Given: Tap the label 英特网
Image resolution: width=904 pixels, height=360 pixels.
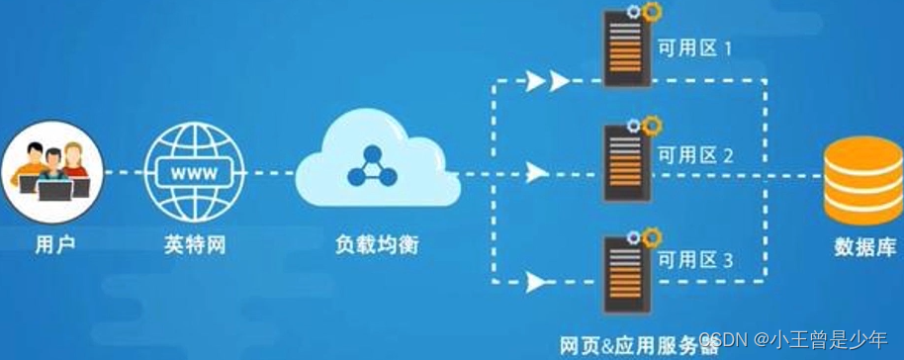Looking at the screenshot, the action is tap(195, 242).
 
